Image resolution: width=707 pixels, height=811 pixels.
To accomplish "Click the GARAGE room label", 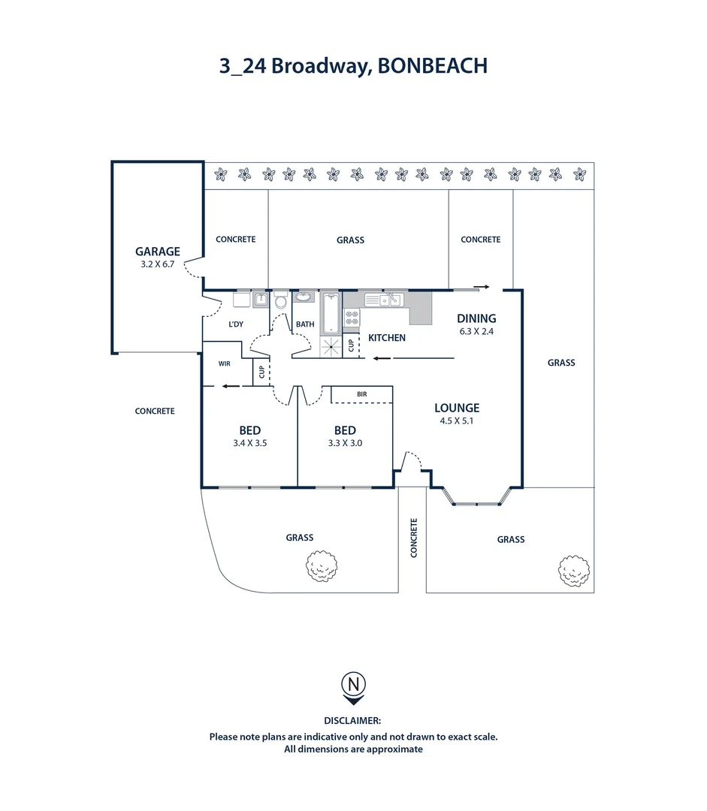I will click(158, 252).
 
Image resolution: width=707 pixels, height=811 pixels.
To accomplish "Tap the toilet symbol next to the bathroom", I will click(280, 301).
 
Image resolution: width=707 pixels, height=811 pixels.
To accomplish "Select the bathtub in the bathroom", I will click(331, 314).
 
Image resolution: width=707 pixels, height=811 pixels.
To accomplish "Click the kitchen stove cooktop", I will click(351, 318).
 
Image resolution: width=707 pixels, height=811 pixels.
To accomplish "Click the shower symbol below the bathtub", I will click(331, 345).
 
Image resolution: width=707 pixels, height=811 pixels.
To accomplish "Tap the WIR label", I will click(224, 363).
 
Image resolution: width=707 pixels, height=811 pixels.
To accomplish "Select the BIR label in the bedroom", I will click(361, 393).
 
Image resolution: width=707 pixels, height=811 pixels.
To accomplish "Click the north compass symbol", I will click(354, 685).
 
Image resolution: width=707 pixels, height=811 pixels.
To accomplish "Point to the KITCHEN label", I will click(387, 338).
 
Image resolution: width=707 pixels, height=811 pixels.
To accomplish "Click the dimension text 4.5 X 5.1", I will click(457, 421).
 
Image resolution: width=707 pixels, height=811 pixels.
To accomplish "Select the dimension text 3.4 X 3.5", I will click(250, 443).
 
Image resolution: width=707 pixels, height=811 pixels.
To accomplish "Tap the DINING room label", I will click(477, 318).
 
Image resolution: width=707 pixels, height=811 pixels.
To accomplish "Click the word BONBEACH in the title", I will click(433, 66).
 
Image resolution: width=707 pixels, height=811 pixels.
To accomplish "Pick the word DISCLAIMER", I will click(353, 720).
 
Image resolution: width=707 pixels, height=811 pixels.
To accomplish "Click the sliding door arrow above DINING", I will click(482, 286).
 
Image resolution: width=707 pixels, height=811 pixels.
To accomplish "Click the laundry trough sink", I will click(260, 300).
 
